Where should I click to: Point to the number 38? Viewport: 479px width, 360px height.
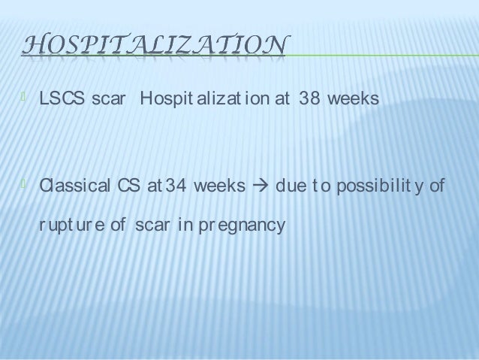(306, 100)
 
